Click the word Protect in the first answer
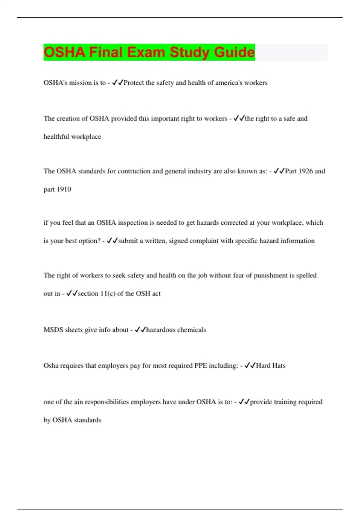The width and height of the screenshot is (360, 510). (x=133, y=83)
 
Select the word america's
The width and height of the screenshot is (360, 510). (x=228, y=83)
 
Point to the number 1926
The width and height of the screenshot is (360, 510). (x=305, y=171)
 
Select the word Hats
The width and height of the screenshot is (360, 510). (x=279, y=366)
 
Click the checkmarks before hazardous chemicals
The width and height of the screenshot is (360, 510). (x=140, y=330)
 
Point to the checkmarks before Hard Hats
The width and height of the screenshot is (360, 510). (x=250, y=366)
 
